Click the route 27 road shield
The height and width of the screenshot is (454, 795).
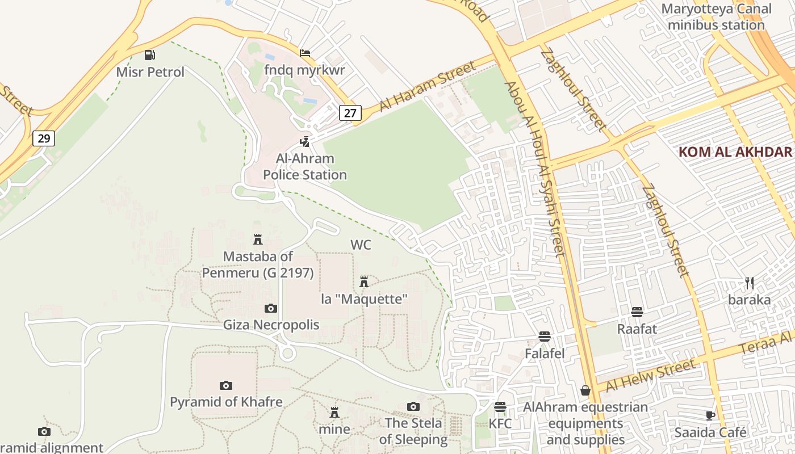point(350,113)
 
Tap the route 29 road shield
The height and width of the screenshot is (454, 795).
point(44,138)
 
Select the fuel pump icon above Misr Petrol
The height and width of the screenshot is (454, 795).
point(149,55)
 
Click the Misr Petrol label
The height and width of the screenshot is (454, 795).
point(150,72)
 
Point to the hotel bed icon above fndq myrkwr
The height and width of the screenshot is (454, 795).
point(305,53)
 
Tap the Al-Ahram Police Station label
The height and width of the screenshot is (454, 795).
point(305,167)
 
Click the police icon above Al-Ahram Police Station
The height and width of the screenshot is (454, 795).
point(305,141)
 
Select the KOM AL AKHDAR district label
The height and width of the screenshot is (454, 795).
point(735,152)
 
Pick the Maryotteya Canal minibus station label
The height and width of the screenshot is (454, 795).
point(716,17)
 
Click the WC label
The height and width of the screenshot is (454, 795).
point(361,245)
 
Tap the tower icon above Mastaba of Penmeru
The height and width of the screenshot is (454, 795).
point(258,239)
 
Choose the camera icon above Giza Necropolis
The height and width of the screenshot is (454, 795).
point(271,308)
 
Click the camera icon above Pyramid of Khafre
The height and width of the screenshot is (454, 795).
point(226,385)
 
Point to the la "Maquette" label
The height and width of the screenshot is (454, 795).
point(365,299)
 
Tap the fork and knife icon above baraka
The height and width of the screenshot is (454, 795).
point(750,283)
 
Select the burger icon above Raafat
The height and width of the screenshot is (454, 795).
point(637,312)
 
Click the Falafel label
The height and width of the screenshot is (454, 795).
point(545,354)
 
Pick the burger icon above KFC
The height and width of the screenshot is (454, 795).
point(500,406)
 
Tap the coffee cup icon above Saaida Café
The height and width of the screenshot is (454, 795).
point(710,415)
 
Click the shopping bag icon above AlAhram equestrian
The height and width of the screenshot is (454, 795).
point(585,390)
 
